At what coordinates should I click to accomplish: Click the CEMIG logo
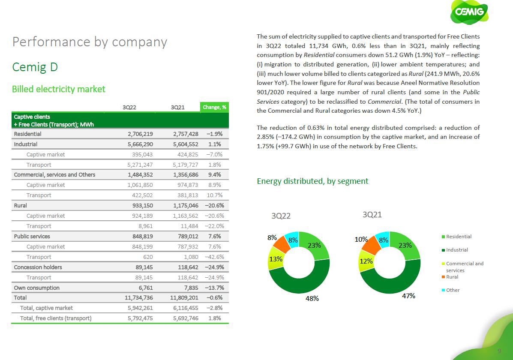(469, 12)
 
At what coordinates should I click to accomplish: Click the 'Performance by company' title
(90, 42)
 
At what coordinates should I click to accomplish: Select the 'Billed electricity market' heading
(58, 89)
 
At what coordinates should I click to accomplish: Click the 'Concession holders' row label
(38, 267)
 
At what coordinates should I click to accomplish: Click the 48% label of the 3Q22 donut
(312, 299)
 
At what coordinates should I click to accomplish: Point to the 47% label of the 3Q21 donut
(408, 296)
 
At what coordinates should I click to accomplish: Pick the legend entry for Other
(453, 290)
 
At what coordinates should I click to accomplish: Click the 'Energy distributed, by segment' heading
(312, 181)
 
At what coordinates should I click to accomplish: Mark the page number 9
(499, 351)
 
